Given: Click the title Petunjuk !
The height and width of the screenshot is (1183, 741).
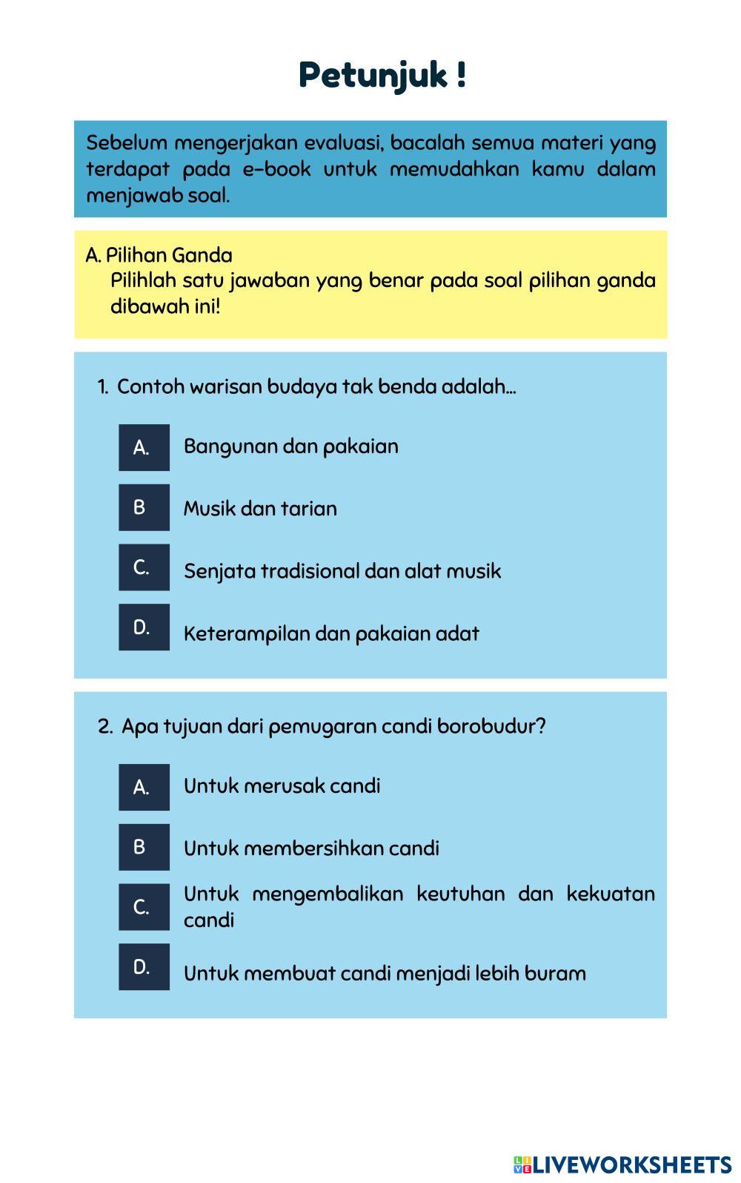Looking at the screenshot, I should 382,76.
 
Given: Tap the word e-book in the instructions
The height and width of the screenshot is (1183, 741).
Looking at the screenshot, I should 276,169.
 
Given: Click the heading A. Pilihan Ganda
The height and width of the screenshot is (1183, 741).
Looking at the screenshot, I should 159,255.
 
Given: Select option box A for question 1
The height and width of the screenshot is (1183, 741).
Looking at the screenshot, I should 144,447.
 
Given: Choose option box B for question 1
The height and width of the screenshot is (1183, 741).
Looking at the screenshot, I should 144,507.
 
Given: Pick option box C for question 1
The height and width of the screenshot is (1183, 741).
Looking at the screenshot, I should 144,567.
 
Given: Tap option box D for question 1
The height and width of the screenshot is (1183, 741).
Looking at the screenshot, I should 144,627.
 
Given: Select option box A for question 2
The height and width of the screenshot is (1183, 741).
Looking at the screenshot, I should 144,787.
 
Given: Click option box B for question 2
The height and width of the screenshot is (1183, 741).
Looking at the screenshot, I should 144,847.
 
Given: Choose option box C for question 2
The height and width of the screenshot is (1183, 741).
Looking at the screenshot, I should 144,907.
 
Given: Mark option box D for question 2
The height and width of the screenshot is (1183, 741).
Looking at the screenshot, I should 144,967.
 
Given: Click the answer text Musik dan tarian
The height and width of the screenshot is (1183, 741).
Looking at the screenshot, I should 260,509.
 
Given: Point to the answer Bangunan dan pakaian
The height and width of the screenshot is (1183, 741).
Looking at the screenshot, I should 290,446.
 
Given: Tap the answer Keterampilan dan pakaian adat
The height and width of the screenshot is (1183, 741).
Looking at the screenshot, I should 331,634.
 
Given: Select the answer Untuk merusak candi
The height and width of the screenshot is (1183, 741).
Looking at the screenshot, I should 282,786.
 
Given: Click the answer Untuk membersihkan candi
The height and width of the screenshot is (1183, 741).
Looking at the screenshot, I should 311,848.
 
